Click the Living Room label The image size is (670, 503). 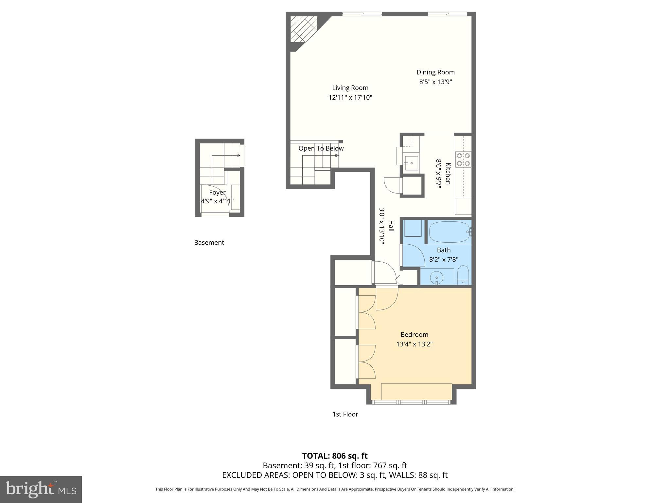click(x=350, y=88)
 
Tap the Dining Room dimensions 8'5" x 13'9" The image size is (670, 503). click(x=435, y=82)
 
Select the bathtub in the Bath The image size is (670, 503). click(x=449, y=232)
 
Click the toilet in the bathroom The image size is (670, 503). click(x=463, y=276)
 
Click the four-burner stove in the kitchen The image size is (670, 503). click(x=463, y=159)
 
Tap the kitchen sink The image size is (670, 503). click(x=411, y=163)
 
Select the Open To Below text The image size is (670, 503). click(x=321, y=148)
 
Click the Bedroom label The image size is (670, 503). click(x=414, y=334)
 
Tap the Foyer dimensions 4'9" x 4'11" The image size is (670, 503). click(x=217, y=201)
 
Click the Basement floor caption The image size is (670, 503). click(x=209, y=243)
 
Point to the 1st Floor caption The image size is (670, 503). click(x=345, y=414)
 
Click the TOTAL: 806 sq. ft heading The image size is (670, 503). click(x=335, y=456)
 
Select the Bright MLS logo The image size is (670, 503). click(x=41, y=489)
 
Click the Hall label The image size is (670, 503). click(x=391, y=226)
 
